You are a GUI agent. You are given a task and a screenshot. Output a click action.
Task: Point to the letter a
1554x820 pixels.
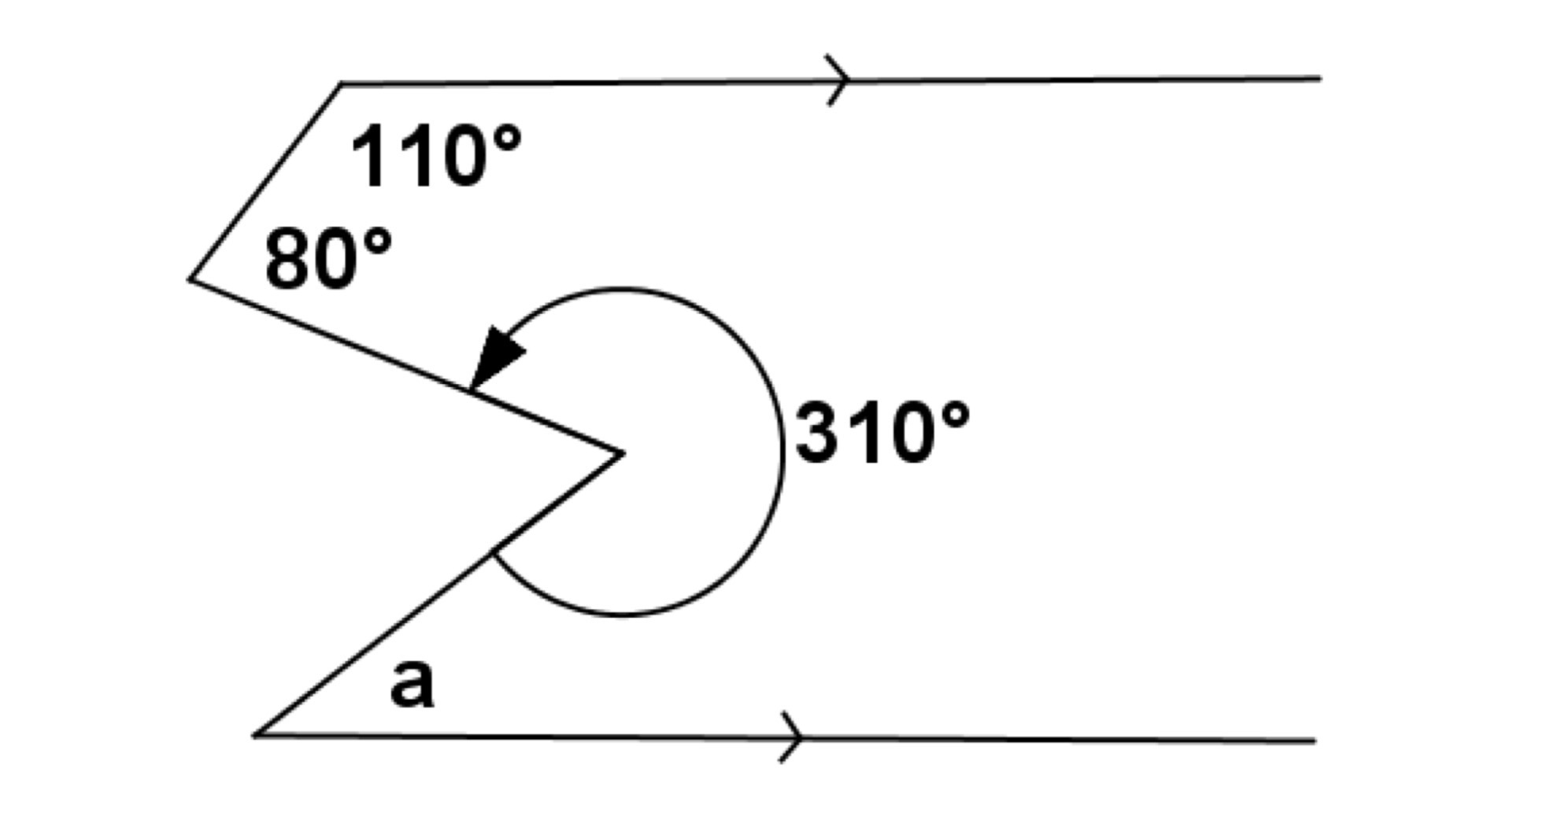click(x=412, y=684)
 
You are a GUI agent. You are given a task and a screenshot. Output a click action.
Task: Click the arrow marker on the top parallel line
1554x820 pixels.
click(x=838, y=79)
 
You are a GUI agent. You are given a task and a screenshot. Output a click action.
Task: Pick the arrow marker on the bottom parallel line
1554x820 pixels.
click(x=791, y=737)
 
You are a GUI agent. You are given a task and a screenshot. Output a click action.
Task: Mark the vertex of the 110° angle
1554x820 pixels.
click(x=341, y=83)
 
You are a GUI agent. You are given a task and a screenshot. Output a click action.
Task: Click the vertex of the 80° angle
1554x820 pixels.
click(x=190, y=279)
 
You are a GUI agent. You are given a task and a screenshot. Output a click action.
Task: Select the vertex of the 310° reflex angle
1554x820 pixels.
click(x=623, y=452)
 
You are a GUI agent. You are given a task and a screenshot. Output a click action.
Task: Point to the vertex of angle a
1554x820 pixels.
click(x=254, y=735)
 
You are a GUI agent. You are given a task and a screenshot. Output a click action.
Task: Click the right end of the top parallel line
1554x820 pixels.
click(x=1320, y=78)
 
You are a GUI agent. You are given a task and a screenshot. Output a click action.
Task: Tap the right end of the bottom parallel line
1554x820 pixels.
click(x=1315, y=741)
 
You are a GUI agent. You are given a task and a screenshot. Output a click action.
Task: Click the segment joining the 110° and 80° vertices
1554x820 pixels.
click(x=265, y=181)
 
